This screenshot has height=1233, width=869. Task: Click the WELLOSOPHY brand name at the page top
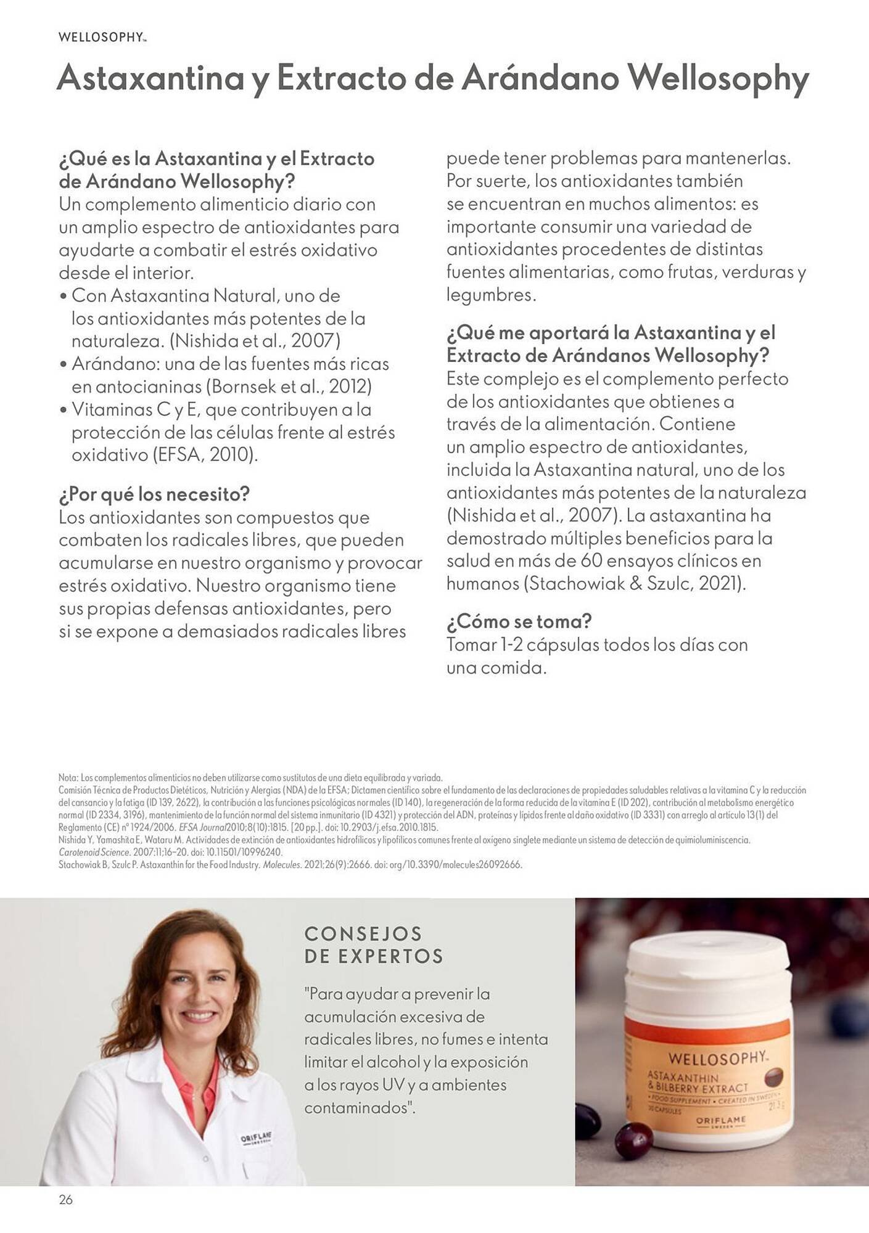(x=102, y=38)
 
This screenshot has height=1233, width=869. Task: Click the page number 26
(x=65, y=1200)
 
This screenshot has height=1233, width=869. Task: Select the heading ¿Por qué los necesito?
(x=154, y=494)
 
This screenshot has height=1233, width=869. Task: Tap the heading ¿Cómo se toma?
(x=519, y=621)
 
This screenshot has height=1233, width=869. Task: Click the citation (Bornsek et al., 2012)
(x=289, y=387)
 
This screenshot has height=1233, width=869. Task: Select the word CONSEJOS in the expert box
(x=363, y=933)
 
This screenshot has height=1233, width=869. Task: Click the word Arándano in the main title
(x=540, y=78)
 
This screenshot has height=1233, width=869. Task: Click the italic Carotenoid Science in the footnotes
(x=94, y=852)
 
